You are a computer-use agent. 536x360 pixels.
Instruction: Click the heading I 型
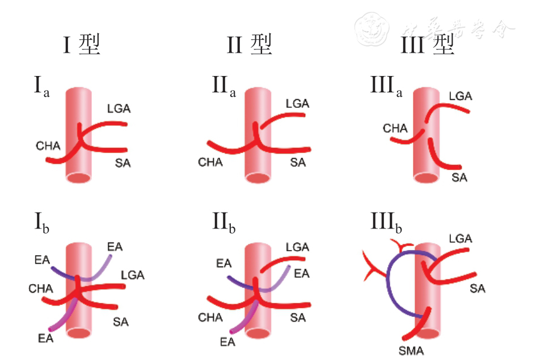coord(82,44)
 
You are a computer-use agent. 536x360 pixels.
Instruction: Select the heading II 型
coord(250,44)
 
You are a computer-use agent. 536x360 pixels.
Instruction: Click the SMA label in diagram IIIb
coord(411,351)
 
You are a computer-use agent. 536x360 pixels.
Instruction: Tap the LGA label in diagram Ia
coord(119,108)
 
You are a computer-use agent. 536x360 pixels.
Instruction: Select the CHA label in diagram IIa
coord(210,163)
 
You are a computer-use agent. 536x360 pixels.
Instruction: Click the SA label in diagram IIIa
coord(459,177)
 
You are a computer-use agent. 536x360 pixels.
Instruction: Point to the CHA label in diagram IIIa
coord(395,129)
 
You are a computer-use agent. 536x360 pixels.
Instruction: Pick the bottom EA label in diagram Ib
coord(46,338)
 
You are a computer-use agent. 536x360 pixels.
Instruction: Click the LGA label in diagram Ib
coord(133,275)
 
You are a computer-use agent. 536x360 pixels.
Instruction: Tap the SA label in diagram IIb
coord(298,317)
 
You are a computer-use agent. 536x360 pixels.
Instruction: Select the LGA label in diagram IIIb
coord(460,239)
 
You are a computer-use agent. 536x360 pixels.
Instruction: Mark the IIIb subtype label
coord(386,224)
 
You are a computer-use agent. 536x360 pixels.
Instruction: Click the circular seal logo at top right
coord(372,29)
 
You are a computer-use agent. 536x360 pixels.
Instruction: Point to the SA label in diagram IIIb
coord(478,289)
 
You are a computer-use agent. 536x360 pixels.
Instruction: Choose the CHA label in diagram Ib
coord(41,289)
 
